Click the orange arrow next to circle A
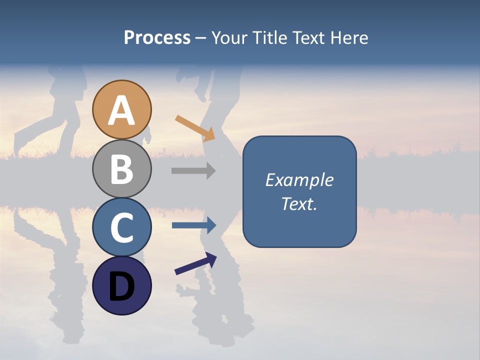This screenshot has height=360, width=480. click(195, 127)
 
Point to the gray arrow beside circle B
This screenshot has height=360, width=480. click(193, 170)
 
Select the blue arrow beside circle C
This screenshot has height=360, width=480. click(194, 225)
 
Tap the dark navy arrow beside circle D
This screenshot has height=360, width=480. click(196, 263)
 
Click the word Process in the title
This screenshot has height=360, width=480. click(157, 38)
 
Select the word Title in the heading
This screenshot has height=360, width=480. click(267, 38)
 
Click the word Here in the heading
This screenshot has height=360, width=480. click(349, 38)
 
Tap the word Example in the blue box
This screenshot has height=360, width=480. click(299, 180)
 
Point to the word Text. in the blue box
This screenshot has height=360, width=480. click(299, 203)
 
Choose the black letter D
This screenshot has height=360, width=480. click(121, 286)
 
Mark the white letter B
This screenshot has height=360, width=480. click(121, 169)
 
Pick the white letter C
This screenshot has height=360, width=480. click(121, 227)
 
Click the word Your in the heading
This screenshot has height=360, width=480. click(229, 38)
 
